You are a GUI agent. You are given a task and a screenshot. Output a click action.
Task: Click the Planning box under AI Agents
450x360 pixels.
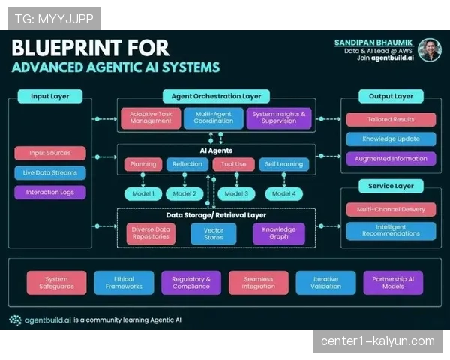(x=142, y=164)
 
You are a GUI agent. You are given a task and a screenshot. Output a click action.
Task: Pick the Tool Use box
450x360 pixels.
(x=235, y=164)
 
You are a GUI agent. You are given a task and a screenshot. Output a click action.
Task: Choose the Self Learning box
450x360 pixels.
(x=283, y=164)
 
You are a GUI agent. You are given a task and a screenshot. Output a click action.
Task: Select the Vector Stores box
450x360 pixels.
(x=214, y=233)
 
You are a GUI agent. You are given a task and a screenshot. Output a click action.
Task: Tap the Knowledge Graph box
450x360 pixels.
(x=278, y=233)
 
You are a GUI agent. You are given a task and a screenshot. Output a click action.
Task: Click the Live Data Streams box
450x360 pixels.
(x=49, y=172)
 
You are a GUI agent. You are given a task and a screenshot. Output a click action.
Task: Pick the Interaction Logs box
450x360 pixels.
(x=49, y=192)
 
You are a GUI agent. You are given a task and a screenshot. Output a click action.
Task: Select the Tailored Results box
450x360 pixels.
(x=391, y=119)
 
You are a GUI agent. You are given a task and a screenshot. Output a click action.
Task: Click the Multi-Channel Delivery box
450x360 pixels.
(x=391, y=209)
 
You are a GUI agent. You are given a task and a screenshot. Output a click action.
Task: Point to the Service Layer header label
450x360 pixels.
(x=391, y=186)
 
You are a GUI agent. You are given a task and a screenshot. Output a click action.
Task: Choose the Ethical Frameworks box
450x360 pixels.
(x=124, y=282)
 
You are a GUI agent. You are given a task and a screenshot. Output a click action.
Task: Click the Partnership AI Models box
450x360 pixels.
(x=393, y=282)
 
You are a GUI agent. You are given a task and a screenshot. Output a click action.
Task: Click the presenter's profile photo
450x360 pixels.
(x=429, y=50)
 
